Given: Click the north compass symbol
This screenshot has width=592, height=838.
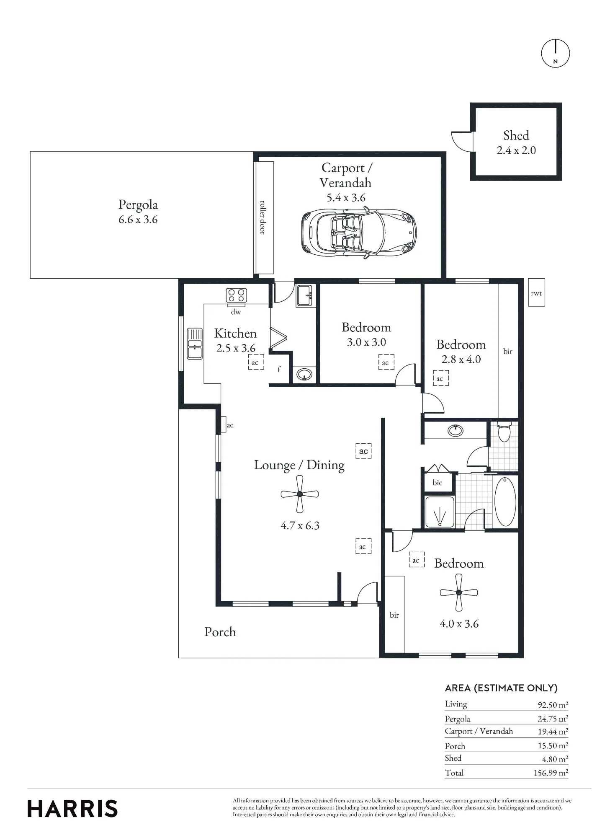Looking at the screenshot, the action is click(x=555, y=53).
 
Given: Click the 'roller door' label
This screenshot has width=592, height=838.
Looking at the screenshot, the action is click(x=263, y=217).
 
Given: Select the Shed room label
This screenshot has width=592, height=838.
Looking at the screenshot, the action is click(x=516, y=135).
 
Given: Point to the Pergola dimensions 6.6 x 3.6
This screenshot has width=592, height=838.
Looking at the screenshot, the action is click(x=138, y=220).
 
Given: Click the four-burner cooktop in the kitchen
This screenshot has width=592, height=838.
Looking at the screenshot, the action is click(x=237, y=295).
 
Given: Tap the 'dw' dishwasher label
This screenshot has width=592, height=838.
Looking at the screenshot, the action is click(x=236, y=312).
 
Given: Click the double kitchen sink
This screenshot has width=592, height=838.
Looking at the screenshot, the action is click(x=195, y=343).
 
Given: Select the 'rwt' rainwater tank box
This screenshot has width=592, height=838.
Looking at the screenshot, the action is click(x=536, y=292).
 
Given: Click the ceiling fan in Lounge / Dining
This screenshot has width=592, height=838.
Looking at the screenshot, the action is click(x=300, y=494).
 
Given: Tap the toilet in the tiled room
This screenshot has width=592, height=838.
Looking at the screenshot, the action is click(x=504, y=432).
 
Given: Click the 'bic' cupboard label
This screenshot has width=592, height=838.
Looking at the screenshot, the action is click(x=438, y=483).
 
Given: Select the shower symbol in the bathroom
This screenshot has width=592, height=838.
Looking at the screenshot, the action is click(x=440, y=512).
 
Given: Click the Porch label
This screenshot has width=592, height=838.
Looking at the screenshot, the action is click(x=220, y=632).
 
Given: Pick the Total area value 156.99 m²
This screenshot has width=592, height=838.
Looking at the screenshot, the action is click(x=551, y=773).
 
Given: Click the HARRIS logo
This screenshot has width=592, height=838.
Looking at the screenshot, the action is click(x=72, y=809).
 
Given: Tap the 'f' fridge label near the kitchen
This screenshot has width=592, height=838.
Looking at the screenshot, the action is click(x=279, y=370).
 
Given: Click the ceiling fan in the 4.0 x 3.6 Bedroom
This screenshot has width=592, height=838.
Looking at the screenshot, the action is click(x=459, y=592).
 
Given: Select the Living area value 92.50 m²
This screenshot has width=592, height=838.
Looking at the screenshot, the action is click(x=553, y=705).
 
